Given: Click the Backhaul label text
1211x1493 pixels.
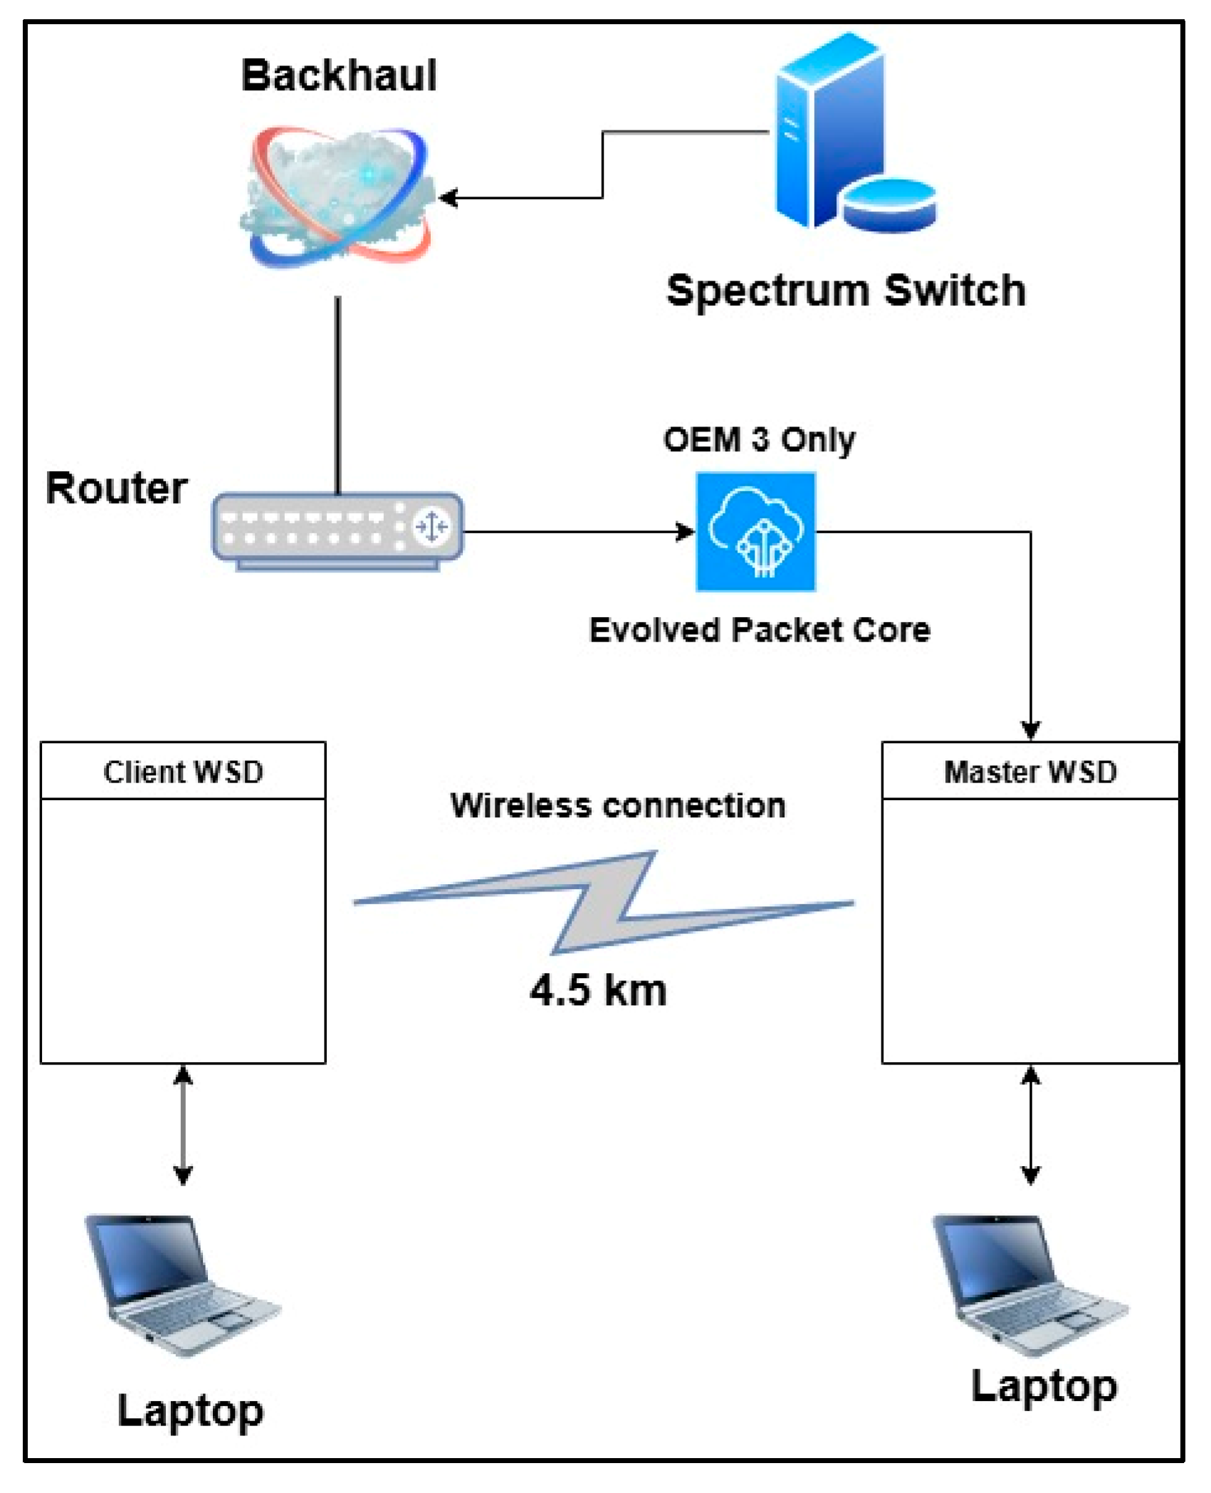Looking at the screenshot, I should point(339,75).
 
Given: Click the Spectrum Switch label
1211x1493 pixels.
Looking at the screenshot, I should point(846,291).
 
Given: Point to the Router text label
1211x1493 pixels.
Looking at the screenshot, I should point(116,489).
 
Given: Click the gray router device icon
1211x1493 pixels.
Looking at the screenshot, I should point(337,531).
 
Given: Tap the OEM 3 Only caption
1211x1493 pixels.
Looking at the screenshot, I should point(759,440).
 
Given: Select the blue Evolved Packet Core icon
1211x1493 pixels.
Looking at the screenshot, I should point(755,532).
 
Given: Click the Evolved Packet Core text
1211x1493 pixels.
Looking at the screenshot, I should point(760,631).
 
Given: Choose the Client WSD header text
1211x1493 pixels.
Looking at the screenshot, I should point(183,772).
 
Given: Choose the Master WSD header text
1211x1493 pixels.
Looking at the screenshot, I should point(1030,772).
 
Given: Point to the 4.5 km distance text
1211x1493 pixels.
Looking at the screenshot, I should point(598,990).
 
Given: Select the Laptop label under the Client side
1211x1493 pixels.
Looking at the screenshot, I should point(190,1411).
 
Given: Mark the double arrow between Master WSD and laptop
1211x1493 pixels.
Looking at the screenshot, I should point(1031,1125).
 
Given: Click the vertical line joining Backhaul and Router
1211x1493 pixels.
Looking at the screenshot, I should point(338,395).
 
